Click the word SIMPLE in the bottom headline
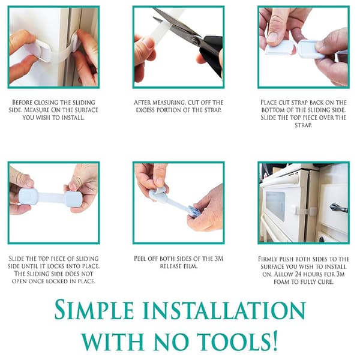[x=94, y=310]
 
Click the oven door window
[x=275, y=206]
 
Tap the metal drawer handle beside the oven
[x=338, y=208]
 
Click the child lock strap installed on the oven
[x=306, y=211]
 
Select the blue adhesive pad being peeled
[x=193, y=211]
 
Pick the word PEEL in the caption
[x=140, y=259]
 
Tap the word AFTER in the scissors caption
[x=142, y=102]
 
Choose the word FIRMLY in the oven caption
[x=268, y=259]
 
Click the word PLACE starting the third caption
[x=269, y=102]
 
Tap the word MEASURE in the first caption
[x=37, y=110]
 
